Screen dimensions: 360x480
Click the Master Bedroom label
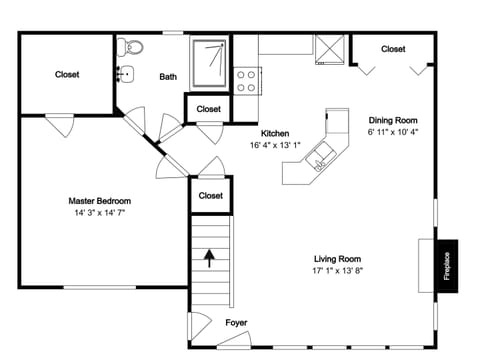point(99,200)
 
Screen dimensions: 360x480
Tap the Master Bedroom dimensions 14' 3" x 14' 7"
point(99,213)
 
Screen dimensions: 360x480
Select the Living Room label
point(337,257)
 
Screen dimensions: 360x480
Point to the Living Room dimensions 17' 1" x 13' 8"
point(337,270)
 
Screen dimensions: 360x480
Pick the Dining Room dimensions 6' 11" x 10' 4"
point(394,131)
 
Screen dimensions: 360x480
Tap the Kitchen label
point(275,133)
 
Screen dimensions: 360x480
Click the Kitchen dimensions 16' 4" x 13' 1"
point(275,145)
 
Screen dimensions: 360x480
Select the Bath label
point(168,76)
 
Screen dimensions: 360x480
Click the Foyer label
point(236,322)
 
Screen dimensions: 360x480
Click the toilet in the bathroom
point(132,47)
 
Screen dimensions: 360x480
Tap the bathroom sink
point(125,73)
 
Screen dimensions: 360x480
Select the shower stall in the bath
point(210,59)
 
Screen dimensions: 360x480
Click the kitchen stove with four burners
point(248,80)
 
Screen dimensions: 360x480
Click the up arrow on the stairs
point(209,259)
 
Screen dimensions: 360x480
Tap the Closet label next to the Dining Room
point(393,49)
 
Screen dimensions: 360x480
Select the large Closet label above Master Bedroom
point(67,74)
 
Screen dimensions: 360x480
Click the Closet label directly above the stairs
point(210,195)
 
